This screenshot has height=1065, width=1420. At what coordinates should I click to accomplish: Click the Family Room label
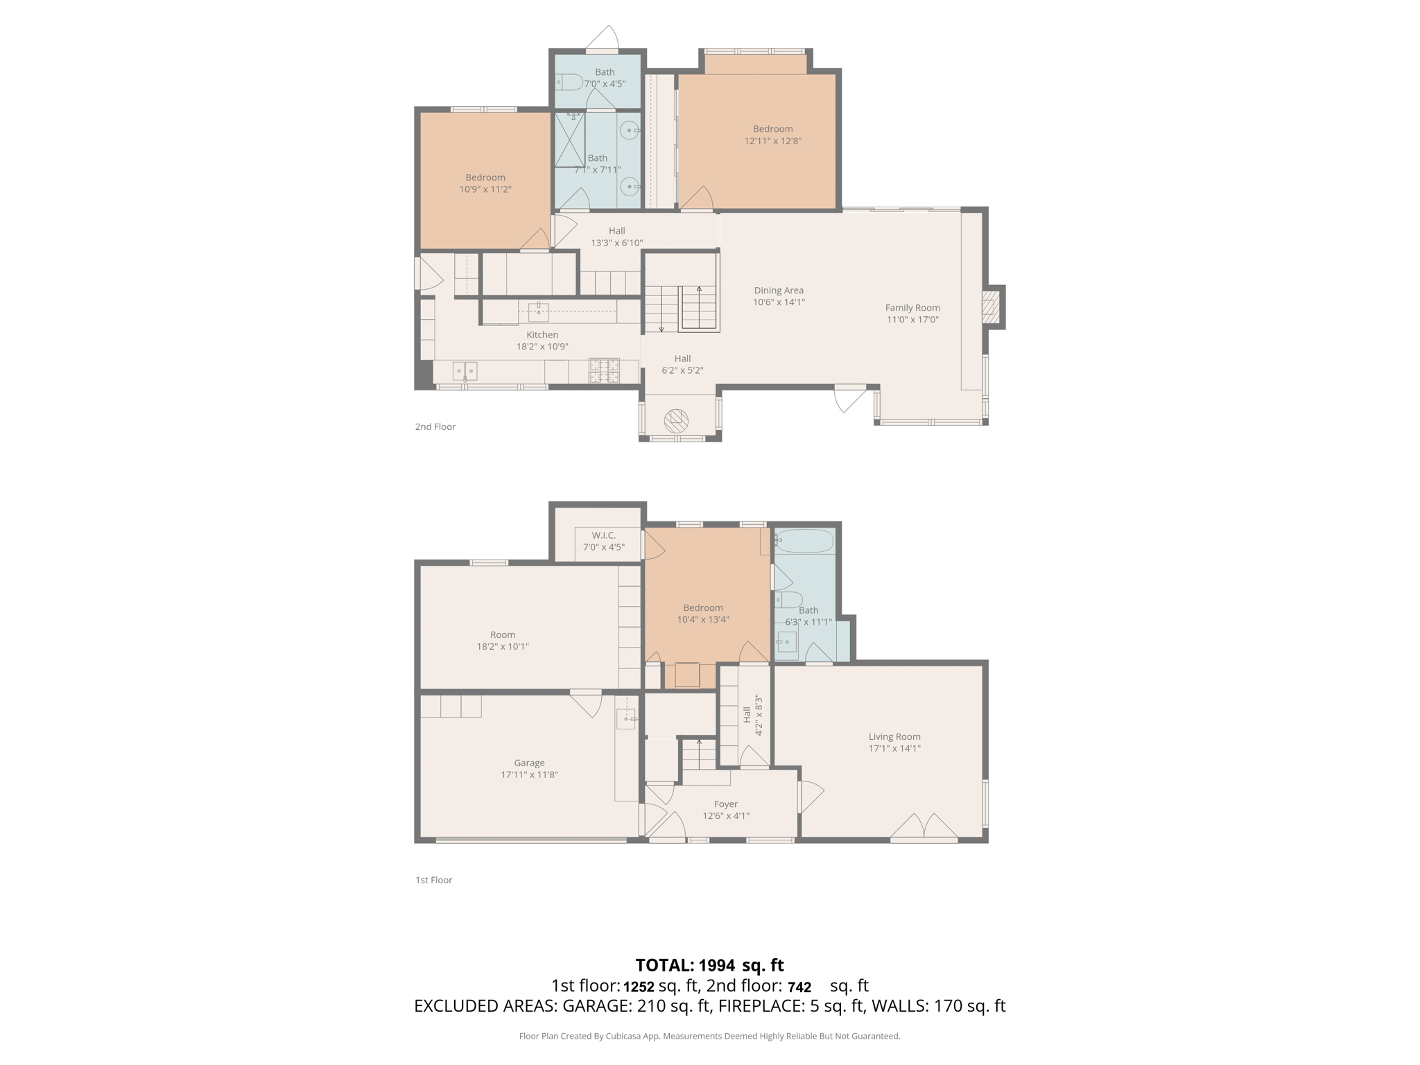912,308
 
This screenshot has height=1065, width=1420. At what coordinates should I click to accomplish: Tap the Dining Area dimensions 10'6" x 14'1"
779,302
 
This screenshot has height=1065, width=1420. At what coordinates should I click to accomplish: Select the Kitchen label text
542,335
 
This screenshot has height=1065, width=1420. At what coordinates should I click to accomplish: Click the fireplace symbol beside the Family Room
989,306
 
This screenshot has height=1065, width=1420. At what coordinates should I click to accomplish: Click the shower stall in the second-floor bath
569,141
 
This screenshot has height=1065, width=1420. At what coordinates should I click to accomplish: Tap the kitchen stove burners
604,370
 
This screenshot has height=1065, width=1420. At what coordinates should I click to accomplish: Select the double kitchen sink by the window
465,372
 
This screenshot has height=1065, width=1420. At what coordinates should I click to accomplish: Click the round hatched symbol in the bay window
676,420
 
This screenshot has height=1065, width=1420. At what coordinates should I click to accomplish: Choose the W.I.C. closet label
603,535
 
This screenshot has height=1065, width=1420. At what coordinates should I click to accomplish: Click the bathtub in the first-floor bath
804,541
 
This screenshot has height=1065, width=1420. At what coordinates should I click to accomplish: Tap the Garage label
529,763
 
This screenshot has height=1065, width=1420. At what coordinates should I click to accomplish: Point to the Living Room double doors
924,826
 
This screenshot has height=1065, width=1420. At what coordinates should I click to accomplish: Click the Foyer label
725,804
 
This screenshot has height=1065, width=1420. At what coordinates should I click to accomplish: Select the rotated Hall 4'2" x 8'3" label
752,715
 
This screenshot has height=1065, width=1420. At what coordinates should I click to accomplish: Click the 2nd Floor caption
435,426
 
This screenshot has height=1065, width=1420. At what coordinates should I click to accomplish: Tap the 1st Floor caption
433,880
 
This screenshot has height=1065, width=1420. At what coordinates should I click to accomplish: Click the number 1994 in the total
716,965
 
